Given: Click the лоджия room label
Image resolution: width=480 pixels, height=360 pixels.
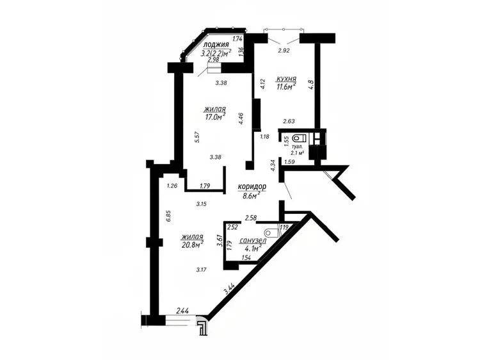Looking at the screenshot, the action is [216, 45].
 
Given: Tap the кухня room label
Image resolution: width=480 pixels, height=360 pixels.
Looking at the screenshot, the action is [286, 79].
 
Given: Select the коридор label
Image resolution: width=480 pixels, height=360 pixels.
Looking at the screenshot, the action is [252, 186].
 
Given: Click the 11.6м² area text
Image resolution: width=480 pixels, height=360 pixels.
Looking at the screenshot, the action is [286, 86].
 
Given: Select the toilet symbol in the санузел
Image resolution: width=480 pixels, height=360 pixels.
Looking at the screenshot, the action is [271, 233].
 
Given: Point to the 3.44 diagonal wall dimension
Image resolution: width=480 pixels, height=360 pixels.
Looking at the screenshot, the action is [229, 289].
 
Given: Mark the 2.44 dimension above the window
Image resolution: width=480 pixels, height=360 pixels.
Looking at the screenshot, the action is [182, 311].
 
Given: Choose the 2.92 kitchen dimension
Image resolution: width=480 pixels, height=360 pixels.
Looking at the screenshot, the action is [284, 51].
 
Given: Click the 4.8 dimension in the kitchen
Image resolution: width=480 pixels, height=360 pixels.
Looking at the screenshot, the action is [311, 85].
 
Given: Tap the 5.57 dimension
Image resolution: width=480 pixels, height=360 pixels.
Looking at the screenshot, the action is [197, 137].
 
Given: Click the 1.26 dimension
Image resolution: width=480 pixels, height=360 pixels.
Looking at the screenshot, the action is [172, 185].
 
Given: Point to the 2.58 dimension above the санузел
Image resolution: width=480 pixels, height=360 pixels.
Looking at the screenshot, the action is [251, 218].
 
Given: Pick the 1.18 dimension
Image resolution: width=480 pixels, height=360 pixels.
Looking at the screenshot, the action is [264, 136].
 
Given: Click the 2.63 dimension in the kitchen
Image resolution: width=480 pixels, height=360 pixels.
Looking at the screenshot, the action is [289, 121].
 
